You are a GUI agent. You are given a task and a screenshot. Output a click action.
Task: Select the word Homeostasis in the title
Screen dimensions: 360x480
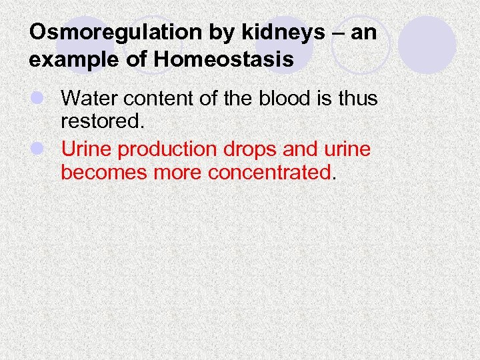[223, 59]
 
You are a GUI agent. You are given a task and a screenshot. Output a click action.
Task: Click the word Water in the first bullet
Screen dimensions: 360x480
[86, 99]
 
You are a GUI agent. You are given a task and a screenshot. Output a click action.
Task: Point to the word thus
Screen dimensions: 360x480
[356, 99]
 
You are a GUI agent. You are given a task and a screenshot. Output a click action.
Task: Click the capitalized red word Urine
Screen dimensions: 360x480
[83, 149]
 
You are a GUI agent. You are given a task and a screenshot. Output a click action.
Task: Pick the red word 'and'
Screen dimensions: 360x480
[303, 149]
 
